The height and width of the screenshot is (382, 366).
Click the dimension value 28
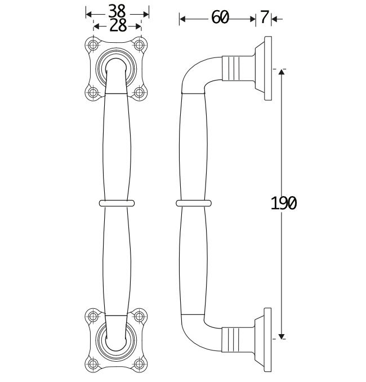pos(117,25)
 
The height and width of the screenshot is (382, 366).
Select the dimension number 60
pos(220,18)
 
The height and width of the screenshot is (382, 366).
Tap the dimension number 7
pos(264,18)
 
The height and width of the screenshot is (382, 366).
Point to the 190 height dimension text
pos(283,203)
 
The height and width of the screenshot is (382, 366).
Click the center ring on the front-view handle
pos(117,202)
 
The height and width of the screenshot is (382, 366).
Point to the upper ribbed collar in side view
pos(236,69)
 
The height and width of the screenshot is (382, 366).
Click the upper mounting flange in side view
pos(266,69)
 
